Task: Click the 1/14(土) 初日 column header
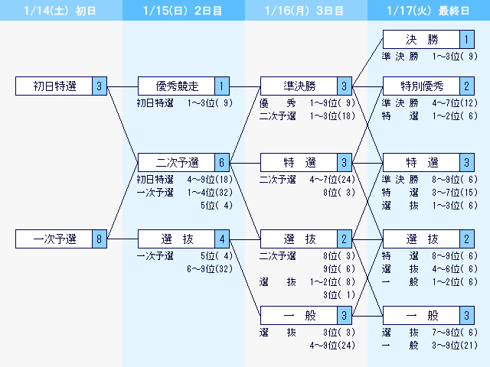(61, 11)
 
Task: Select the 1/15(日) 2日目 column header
(184, 11)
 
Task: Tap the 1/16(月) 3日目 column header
(306, 11)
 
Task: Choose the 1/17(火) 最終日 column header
(429, 11)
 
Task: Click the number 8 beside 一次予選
(100, 239)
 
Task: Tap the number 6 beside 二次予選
(222, 162)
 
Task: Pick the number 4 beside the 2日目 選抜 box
(222, 239)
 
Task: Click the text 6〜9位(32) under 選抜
(210, 268)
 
